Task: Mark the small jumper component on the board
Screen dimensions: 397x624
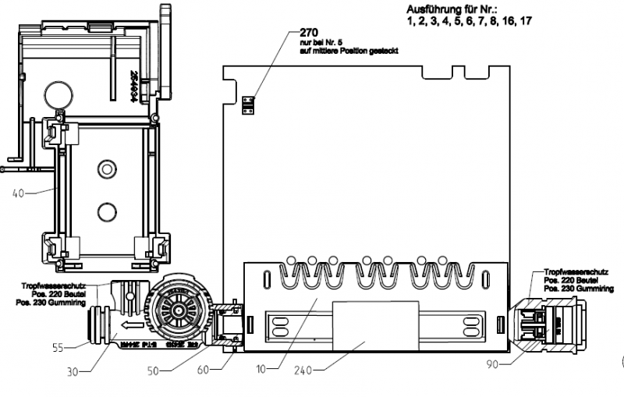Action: pos(247,105)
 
